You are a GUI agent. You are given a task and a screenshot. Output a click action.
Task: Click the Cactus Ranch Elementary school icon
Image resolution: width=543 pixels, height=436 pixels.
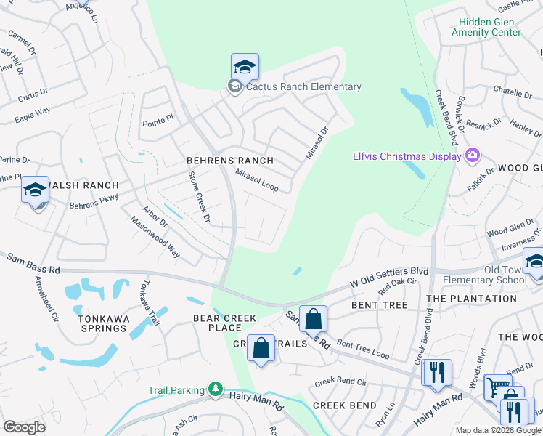coord(245,68)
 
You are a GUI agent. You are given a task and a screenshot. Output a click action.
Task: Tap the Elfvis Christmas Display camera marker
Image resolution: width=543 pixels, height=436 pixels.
coord(473,156)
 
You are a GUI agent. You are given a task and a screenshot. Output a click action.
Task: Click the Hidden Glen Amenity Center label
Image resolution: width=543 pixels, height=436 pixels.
coord(486,27)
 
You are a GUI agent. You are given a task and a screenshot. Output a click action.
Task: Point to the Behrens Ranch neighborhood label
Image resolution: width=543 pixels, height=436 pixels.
coord(229,161)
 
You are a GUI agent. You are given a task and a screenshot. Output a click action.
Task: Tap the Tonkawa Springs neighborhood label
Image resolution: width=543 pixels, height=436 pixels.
coord(104,323)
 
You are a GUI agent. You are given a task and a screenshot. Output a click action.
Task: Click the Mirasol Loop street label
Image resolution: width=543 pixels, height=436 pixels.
coord(256,180)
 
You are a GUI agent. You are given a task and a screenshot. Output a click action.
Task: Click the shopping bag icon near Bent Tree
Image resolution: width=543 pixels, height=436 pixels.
coord(313,319)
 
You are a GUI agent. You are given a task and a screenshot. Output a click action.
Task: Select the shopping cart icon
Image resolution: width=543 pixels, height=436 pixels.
coord(497,387)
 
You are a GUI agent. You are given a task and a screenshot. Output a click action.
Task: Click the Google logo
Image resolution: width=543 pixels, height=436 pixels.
coord(24,427)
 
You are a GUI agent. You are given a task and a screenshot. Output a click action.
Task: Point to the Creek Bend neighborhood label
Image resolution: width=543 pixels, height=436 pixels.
coord(344,405)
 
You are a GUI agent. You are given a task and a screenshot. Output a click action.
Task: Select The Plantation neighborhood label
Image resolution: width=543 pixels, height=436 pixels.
coord(471,299)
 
